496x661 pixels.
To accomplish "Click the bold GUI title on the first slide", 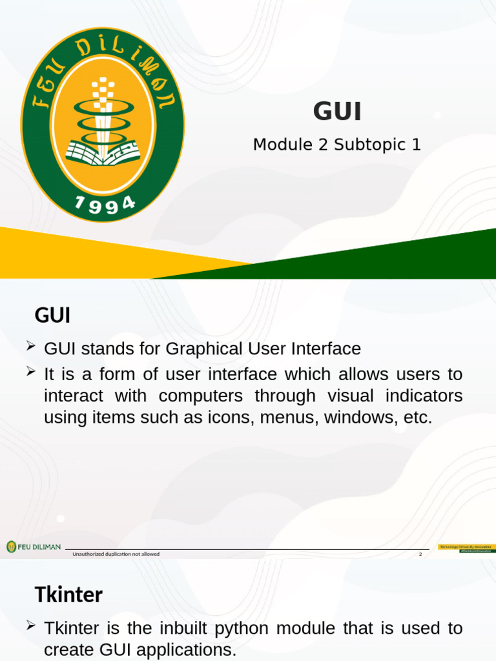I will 337,112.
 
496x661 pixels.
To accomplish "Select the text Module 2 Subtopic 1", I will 336,145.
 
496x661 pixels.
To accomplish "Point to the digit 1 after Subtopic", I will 416,145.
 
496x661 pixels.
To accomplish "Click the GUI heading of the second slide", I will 52,316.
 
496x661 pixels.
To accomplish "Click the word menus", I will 289,418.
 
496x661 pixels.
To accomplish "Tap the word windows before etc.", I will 358,418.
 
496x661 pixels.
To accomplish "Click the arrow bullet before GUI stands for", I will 30,348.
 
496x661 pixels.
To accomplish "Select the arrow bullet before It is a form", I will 30,371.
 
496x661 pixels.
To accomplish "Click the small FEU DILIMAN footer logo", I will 34,547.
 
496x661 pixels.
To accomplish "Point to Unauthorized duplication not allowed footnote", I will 116,554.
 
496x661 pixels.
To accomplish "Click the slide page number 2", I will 420,554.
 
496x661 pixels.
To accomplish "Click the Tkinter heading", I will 68,595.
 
